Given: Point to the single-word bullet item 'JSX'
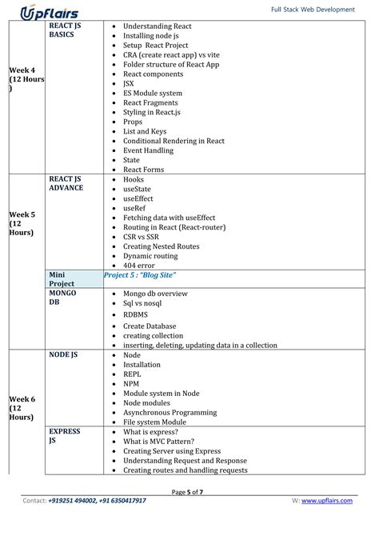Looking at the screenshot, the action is (129, 83).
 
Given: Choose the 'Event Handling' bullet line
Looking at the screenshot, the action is (148, 150).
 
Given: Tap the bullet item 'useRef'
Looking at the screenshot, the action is (134, 208).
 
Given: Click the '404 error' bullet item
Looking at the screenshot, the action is (140, 266).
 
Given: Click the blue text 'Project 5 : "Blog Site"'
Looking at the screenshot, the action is (140, 275).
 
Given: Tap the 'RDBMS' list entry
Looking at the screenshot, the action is (136, 315).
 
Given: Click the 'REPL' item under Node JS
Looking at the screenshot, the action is (132, 374).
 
